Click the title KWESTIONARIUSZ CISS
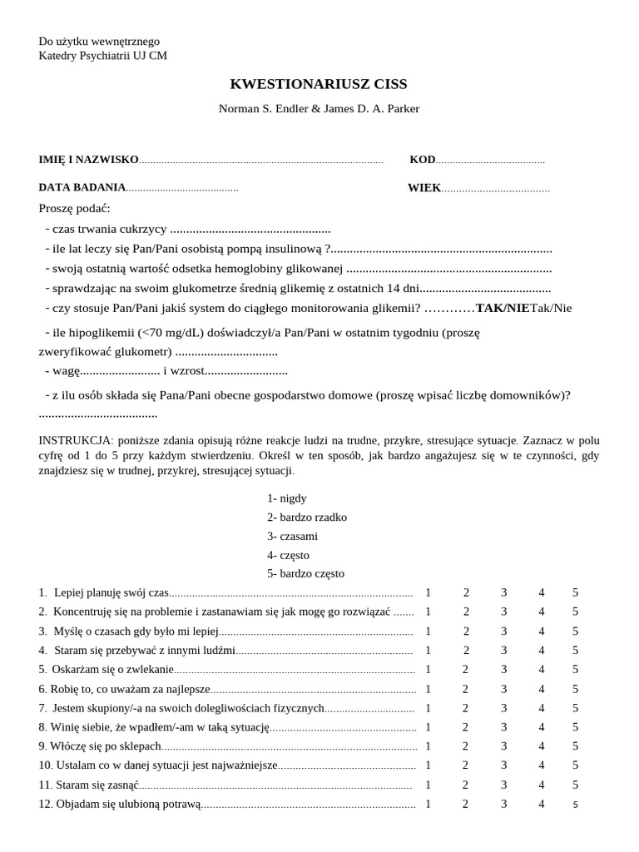pos(319,84)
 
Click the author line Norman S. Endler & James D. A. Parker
pos(319,108)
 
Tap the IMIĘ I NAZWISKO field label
pos(88,159)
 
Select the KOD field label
pos(422,159)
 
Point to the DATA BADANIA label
pos(82,187)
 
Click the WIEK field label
pos(424,187)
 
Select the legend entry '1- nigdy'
pos(287,498)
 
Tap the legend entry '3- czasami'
pos(292,536)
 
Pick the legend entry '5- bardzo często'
pos(305,573)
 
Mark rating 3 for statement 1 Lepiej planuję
pos(503,592)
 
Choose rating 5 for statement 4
pos(575,650)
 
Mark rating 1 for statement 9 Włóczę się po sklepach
pos(428,745)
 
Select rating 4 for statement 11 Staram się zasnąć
pos(542,785)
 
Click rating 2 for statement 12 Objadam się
pos(466,804)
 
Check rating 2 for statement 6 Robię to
pos(466,689)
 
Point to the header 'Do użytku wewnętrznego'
pos(99,42)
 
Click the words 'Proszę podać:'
pos(74,208)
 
